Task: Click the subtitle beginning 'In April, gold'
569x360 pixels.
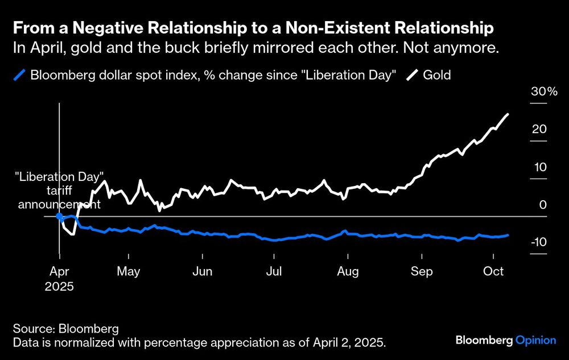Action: (256, 48)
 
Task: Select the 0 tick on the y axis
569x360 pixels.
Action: (543, 205)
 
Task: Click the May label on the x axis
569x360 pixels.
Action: (128, 272)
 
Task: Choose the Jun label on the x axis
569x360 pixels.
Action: (202, 272)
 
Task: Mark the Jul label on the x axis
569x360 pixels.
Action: (274, 272)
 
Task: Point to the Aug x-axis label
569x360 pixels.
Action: (348, 272)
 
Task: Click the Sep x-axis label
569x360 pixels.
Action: (422, 272)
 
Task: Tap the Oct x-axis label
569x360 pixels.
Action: (493, 272)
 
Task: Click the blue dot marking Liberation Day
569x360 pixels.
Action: (59, 216)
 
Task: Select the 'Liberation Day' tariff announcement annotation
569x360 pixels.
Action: (59, 190)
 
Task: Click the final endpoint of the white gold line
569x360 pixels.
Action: (508, 114)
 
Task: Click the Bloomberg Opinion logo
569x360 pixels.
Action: (506, 340)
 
